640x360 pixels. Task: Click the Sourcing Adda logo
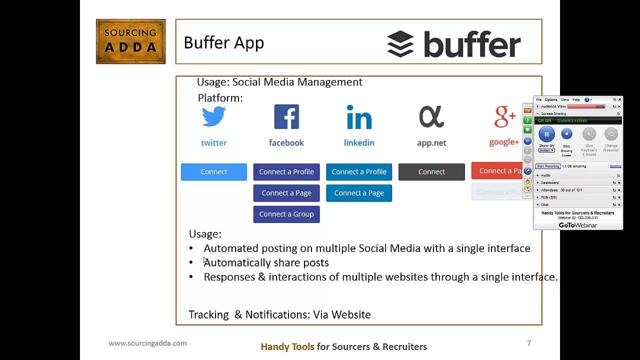pyautogui.click(x=130, y=41)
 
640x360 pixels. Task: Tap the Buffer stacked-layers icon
pyautogui.click(x=400, y=44)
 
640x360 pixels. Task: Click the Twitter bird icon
pyautogui.click(x=213, y=117)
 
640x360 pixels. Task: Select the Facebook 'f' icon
pyautogui.click(x=286, y=117)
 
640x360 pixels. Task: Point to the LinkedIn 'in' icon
pyautogui.click(x=358, y=117)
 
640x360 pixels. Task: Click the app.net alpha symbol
pyautogui.click(x=431, y=117)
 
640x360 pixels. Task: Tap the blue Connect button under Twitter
pyautogui.click(x=213, y=171)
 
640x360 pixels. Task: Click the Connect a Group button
pyautogui.click(x=286, y=214)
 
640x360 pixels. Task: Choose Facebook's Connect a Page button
pyautogui.click(x=286, y=193)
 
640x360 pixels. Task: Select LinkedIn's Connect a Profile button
pyautogui.click(x=358, y=171)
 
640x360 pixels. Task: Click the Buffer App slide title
pyautogui.click(x=223, y=43)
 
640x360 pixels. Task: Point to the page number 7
pyautogui.click(x=528, y=343)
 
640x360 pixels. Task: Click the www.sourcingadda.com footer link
pyautogui.click(x=147, y=343)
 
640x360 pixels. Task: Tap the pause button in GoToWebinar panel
pyautogui.click(x=546, y=134)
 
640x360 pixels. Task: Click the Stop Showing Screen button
pyautogui.click(x=566, y=134)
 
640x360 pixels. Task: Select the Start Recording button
pyautogui.click(x=547, y=166)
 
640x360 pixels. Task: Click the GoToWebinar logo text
pyautogui.click(x=577, y=225)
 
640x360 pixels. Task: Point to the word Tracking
pyautogui.click(x=208, y=314)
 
